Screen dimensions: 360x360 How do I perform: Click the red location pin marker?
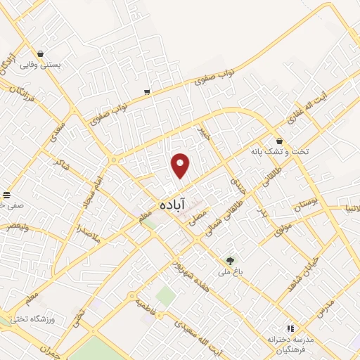point(181,165)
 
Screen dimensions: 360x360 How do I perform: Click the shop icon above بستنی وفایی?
point(41,53)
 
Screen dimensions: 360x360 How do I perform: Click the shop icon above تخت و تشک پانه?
point(279,141)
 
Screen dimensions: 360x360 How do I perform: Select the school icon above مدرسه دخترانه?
point(290,328)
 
